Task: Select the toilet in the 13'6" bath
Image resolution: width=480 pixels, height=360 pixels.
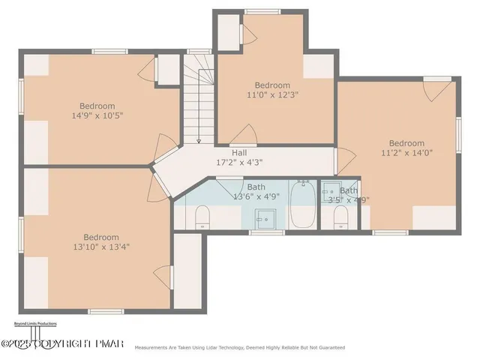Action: pyautogui.click(x=201, y=218)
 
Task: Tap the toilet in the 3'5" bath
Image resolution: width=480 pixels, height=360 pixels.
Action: pyautogui.click(x=339, y=218)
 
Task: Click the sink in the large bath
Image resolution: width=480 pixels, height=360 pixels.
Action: pyautogui.click(x=264, y=217)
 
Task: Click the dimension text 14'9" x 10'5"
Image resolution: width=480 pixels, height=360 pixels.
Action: pyautogui.click(x=97, y=116)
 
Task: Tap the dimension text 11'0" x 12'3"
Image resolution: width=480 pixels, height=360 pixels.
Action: pyautogui.click(x=272, y=95)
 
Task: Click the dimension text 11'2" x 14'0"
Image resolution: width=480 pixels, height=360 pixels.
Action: pyautogui.click(x=406, y=154)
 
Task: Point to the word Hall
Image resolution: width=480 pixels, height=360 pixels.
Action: pyautogui.click(x=239, y=152)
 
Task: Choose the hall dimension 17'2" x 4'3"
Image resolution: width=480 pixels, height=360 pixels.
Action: pyautogui.click(x=239, y=162)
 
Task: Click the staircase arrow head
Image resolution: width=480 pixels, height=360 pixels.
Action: pyautogui.click(x=199, y=140)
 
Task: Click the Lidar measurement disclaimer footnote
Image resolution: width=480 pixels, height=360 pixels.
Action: pyautogui.click(x=239, y=348)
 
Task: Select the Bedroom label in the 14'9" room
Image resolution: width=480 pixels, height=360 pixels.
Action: pyautogui.click(x=98, y=106)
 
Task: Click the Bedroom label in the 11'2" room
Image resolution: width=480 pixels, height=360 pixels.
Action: pyautogui.click(x=406, y=143)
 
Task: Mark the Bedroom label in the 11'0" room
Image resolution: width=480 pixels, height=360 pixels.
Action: pyautogui.click(x=272, y=85)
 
